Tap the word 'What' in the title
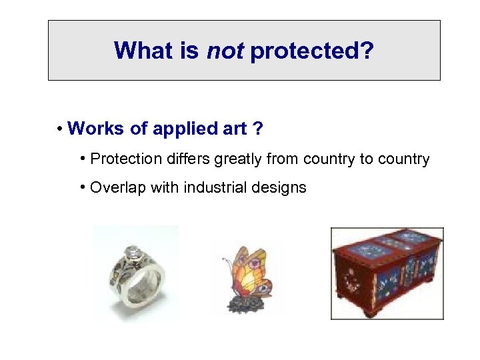click(x=145, y=50)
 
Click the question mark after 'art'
click(x=257, y=128)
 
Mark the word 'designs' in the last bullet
click(x=281, y=188)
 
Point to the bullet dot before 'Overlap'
click(x=82, y=187)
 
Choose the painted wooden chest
click(x=387, y=273)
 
